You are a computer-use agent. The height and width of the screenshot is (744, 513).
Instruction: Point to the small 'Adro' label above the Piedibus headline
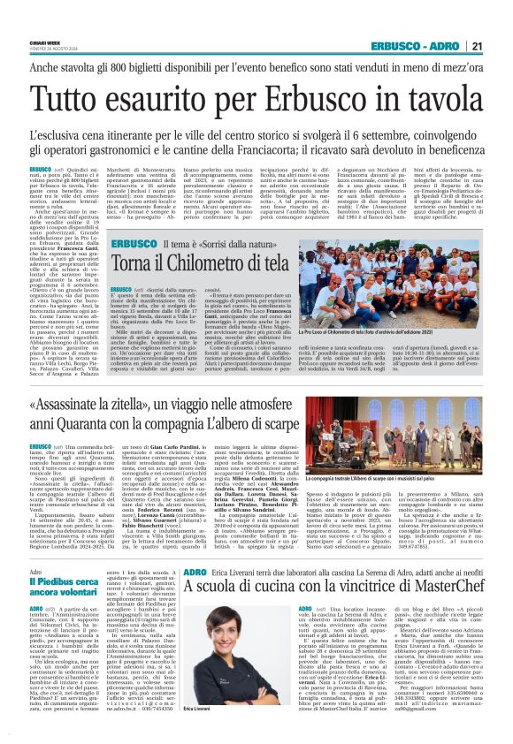35,571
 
